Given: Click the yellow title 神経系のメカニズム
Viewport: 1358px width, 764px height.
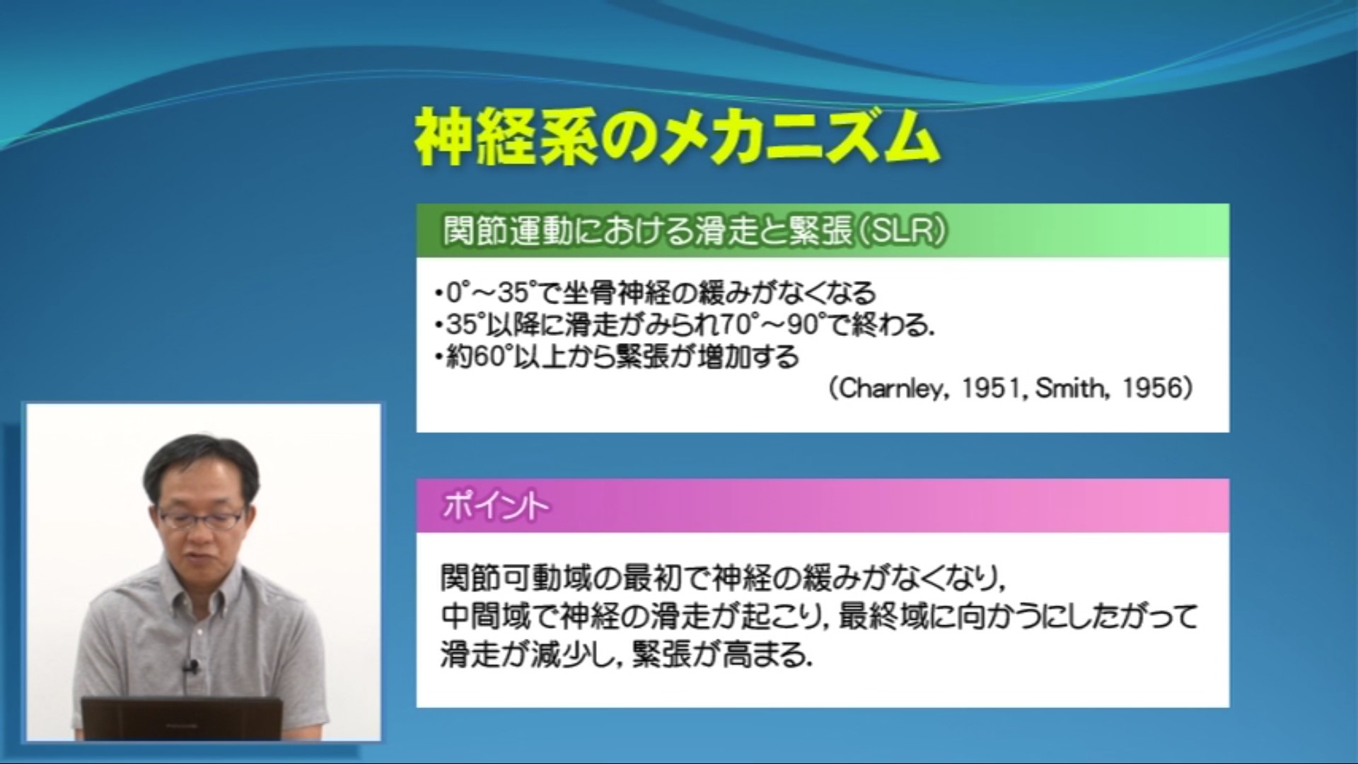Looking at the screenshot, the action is pos(677,138).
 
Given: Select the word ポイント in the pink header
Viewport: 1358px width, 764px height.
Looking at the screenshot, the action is pos(496,507).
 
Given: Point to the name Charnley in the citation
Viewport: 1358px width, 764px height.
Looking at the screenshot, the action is pos(893,388).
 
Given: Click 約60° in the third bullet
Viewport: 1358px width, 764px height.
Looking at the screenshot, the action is pos(478,357).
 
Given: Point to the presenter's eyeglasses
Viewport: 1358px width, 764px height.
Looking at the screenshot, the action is pos(202,519).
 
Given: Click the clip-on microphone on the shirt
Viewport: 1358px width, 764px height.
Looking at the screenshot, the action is pos(190,666).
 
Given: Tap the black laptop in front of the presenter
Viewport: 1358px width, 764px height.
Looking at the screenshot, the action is pos(182,718).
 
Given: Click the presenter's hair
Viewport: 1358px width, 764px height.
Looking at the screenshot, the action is pos(201,463).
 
